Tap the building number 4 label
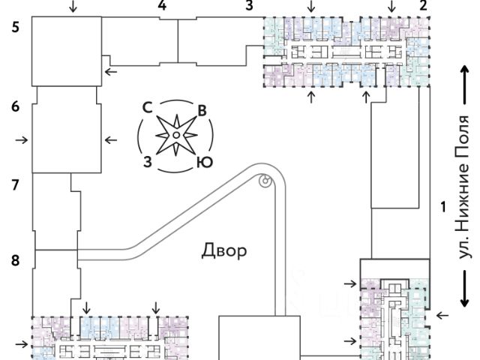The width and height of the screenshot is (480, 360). click(162, 6)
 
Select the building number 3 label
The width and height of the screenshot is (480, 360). click(249, 6)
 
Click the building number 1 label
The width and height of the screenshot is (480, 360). click(443, 205)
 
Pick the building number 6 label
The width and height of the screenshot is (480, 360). click(15, 107)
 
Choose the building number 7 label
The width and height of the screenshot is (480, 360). click(15, 184)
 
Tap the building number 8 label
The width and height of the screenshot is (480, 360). click(15, 261)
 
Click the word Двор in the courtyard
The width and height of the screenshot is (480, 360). click(223, 250)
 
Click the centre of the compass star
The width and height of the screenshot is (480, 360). click(175, 135)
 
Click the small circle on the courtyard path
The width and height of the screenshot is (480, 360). click(264, 180)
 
